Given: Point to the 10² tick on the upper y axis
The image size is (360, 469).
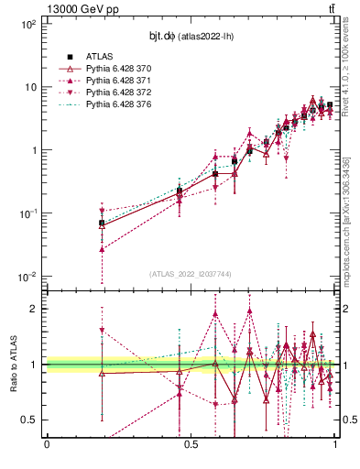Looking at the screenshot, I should click(27, 24).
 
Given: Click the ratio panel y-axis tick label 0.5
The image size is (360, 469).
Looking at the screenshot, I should click(29, 420).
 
